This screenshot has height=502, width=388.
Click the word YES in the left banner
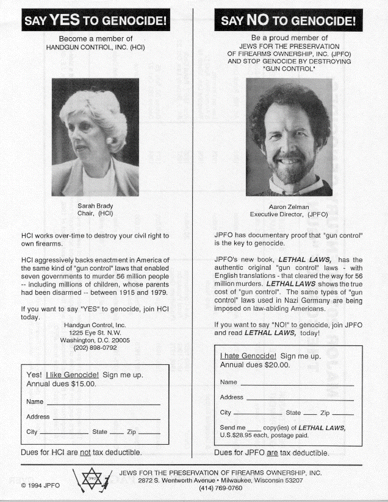click(65, 20)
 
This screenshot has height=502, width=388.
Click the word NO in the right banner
click(258, 20)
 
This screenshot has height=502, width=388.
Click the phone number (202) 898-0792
click(95, 348)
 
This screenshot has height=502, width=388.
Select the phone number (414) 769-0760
click(221, 489)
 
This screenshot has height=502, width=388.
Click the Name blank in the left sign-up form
click(103, 403)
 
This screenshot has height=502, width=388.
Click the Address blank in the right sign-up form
click(299, 398)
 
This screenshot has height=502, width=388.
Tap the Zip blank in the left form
click(149, 433)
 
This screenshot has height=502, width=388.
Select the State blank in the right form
click(310, 414)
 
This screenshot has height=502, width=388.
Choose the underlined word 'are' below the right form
click(276, 453)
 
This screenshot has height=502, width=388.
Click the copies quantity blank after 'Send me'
click(254, 428)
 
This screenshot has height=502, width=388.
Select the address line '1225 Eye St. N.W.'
click(95, 333)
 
